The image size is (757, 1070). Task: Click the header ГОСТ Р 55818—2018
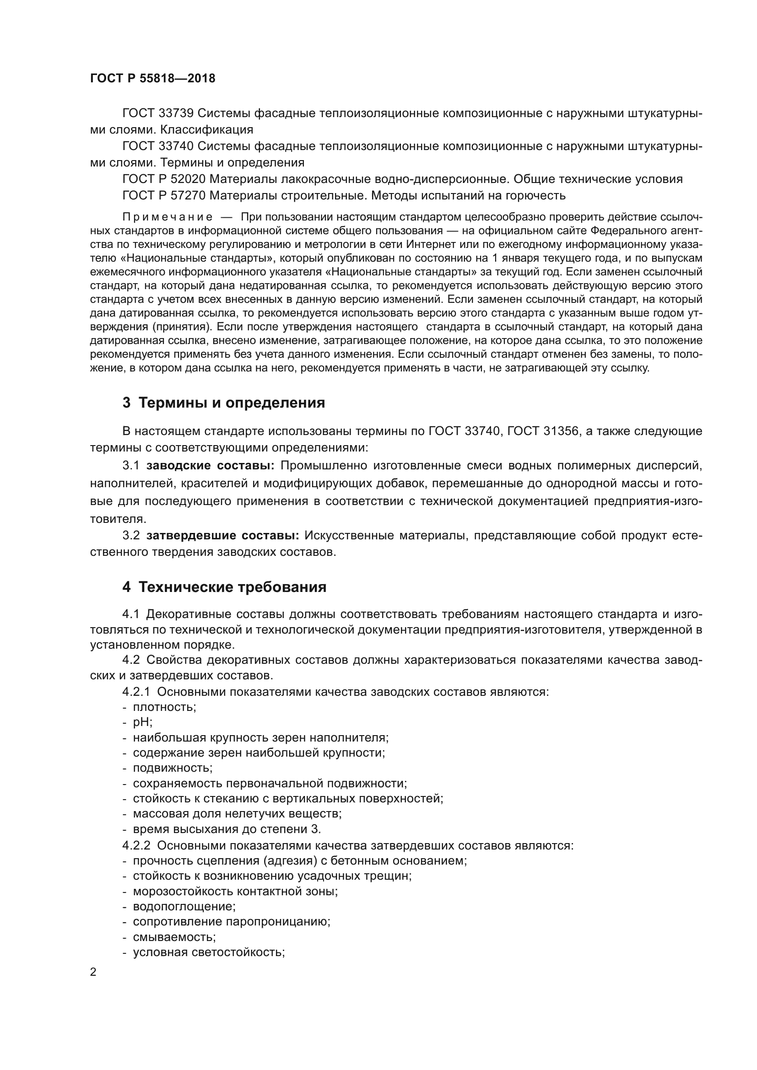click(x=152, y=78)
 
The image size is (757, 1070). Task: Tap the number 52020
click(x=188, y=179)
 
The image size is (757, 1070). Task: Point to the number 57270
click(x=188, y=195)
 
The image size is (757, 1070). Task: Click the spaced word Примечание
click(x=168, y=217)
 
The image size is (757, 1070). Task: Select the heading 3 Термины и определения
click(x=224, y=403)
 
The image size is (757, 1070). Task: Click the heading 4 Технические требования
click(x=224, y=587)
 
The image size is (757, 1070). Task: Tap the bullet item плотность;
click(x=165, y=707)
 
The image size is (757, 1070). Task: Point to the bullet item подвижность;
click(x=173, y=768)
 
